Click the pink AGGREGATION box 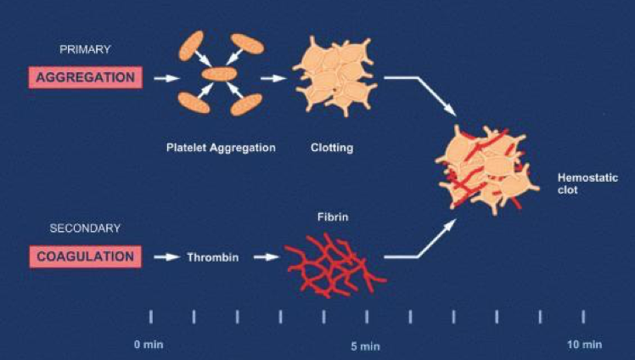tap(85, 77)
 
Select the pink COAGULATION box tap(85, 256)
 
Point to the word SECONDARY tap(87, 228)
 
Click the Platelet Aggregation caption tap(221, 148)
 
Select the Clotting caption tap(332, 148)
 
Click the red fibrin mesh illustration tap(333, 265)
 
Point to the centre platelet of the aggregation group tap(218, 75)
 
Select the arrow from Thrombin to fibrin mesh tap(267, 256)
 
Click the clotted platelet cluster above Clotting tap(334, 76)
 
